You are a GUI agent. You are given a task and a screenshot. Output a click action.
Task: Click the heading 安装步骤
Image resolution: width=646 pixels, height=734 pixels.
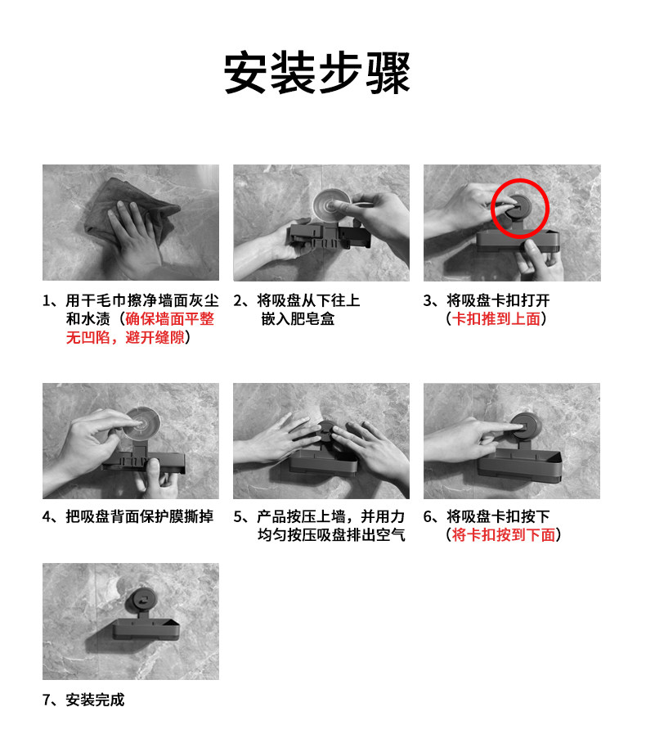(317, 73)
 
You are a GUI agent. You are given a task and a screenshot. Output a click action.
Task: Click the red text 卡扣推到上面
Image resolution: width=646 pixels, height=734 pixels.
(496, 319)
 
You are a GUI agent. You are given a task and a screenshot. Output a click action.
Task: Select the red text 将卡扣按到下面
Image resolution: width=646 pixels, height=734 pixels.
(504, 534)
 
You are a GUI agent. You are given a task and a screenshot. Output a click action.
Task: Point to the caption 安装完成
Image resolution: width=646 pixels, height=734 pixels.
(95, 700)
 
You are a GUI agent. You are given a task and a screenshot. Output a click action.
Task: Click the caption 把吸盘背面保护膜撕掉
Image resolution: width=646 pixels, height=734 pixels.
(139, 516)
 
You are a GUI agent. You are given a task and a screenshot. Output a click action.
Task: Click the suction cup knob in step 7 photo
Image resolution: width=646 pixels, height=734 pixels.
(141, 601)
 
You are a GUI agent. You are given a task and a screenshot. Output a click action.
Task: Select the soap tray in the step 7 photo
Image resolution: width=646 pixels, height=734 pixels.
(146, 629)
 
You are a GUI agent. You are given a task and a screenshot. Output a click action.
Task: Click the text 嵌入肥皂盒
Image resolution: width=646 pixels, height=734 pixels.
(298, 319)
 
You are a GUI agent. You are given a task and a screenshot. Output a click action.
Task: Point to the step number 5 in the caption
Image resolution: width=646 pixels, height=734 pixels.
(238, 517)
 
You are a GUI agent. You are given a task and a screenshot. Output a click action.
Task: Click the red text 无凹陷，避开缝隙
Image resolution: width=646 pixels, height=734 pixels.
(125, 337)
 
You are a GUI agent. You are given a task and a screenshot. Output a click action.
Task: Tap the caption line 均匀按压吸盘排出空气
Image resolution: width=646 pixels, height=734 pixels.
(331, 534)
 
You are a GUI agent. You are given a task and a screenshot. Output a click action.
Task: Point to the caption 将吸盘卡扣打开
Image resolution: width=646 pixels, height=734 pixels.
(498, 300)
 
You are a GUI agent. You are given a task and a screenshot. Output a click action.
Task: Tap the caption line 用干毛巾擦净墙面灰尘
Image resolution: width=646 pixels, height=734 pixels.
(142, 300)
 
